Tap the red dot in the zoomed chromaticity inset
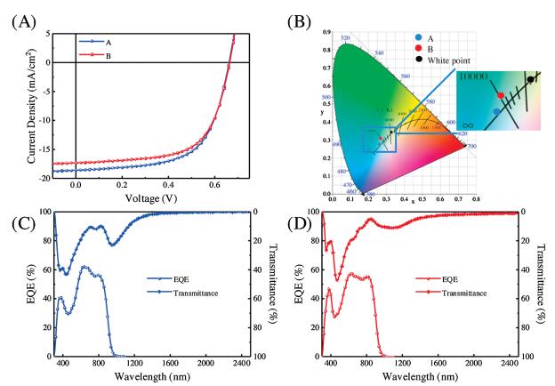501,95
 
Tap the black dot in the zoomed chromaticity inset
531,79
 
